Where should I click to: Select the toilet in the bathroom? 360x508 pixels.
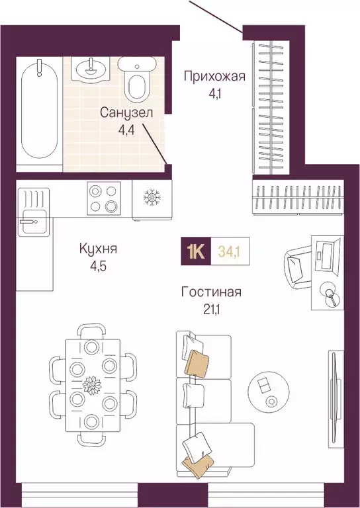[137, 79]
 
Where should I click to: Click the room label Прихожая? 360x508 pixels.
[214, 76]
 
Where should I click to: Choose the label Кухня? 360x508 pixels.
[98, 249]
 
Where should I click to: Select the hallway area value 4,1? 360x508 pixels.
[214, 93]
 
